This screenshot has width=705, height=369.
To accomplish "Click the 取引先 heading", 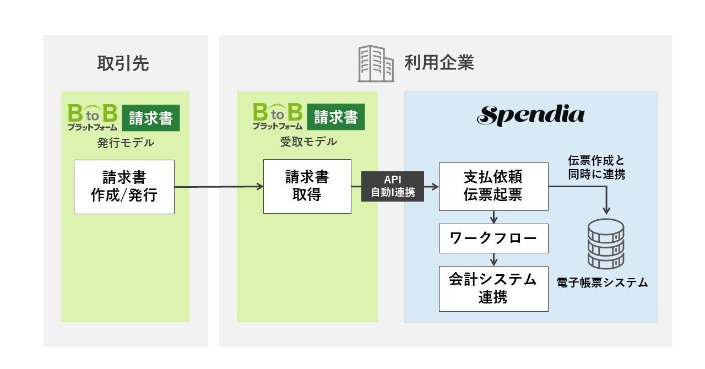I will [123, 64].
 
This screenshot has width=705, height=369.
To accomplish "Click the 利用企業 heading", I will [439, 63].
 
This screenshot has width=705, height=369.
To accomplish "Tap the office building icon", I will [376, 64].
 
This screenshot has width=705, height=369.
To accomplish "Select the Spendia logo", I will [531, 115].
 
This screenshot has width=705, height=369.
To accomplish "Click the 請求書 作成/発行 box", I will [124, 186].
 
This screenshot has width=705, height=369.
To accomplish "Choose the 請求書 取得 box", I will [307, 186].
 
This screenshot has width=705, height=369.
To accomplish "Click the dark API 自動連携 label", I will [393, 186].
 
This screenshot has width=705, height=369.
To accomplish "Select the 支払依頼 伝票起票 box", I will [493, 186].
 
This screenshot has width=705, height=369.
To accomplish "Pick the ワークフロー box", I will [493, 238].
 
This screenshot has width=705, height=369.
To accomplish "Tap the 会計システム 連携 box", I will [493, 288].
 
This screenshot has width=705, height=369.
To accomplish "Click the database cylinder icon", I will [606, 243].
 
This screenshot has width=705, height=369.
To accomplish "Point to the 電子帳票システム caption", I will [602, 283].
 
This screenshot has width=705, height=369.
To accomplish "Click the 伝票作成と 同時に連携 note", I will [596, 167].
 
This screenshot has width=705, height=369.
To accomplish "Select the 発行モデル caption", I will [125, 143].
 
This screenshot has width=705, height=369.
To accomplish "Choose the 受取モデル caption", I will [308, 142].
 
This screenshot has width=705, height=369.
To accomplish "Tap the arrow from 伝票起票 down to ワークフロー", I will [494, 217].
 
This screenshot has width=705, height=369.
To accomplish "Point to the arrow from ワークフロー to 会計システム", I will [494, 259].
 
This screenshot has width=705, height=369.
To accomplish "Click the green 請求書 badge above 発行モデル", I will [150, 118].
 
